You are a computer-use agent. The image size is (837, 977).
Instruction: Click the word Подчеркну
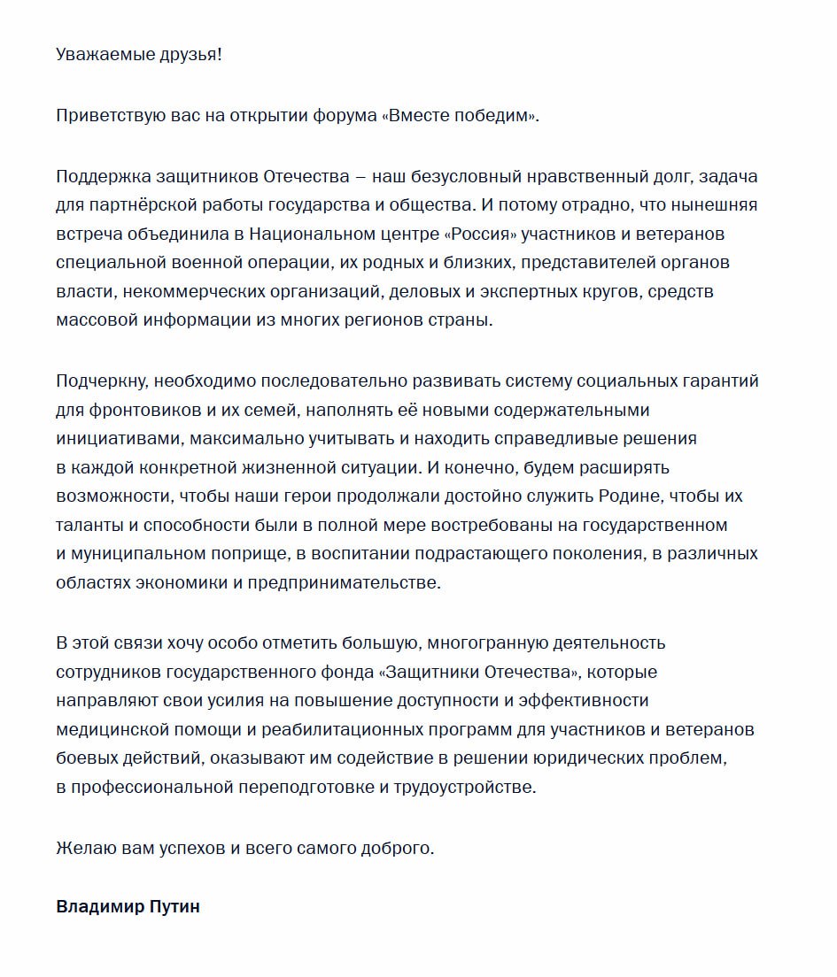tap(104, 381)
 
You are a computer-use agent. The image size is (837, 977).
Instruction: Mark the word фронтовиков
tap(140, 410)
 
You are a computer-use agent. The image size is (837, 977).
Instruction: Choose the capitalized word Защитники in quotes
tap(429, 672)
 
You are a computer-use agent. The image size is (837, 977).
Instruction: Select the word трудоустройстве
tap(466, 787)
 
